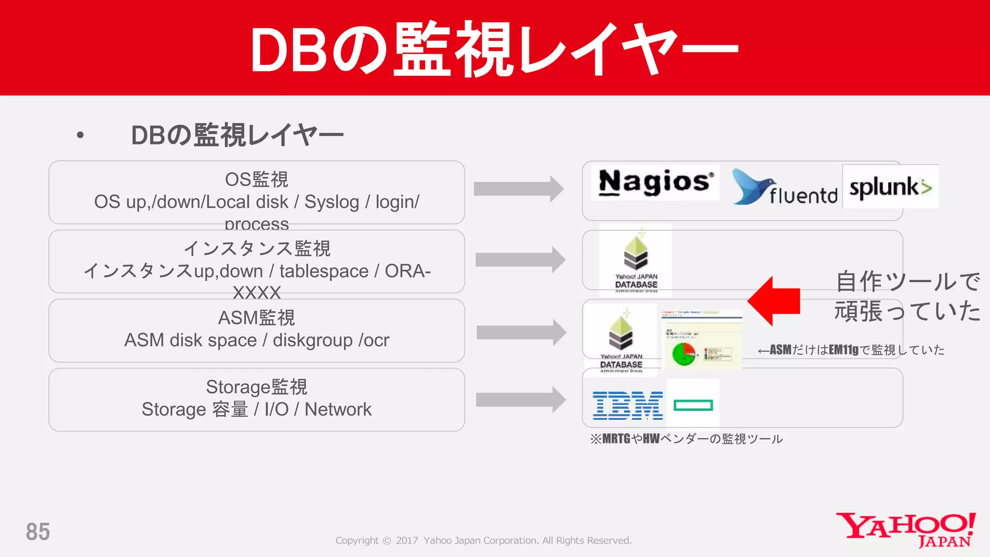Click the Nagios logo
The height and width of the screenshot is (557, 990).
655,183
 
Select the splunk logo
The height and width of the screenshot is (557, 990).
890,187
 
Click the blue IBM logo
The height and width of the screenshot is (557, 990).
627,405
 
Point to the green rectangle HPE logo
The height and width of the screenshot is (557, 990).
693,405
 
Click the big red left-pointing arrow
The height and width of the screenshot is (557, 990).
774,301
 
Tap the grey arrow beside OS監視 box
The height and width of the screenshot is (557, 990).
518,189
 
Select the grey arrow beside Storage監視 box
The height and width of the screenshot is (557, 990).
520,400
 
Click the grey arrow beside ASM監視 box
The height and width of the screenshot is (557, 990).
521,332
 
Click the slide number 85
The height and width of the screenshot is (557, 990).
38,532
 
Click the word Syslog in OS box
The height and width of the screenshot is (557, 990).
332,202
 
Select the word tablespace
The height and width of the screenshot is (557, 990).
324,271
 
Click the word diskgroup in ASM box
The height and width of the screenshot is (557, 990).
312,340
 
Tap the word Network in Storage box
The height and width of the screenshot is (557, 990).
338,410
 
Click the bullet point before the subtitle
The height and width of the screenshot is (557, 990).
80,135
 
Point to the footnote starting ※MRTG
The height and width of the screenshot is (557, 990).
686,439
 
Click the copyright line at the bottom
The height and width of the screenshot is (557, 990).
483,541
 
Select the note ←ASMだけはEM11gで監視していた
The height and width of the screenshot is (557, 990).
851,350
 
